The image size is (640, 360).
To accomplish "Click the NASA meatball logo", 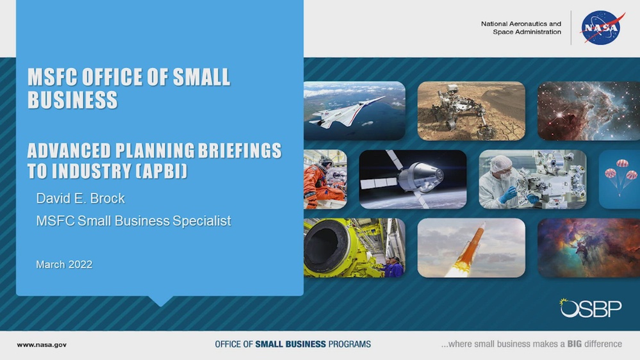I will (x=603, y=28).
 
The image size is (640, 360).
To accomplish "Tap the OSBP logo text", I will (x=590, y=308).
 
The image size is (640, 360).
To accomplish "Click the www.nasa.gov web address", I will (x=42, y=345).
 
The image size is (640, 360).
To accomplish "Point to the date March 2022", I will (x=64, y=264).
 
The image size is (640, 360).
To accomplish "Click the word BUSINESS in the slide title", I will (x=72, y=100).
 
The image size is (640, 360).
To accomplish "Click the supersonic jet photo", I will (x=354, y=111).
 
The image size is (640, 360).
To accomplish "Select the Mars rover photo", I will (x=471, y=111).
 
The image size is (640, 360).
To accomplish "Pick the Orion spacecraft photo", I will (x=413, y=179).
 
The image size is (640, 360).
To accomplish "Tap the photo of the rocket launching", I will (x=471, y=248).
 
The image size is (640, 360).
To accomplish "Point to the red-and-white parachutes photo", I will (x=619, y=179).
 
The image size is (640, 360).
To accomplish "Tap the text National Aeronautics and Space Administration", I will (x=521, y=28).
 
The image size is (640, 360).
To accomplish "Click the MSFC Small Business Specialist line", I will (x=133, y=221).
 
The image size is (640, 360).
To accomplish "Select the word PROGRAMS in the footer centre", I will (x=349, y=344).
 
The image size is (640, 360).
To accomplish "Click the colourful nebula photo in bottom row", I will (x=588, y=248).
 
